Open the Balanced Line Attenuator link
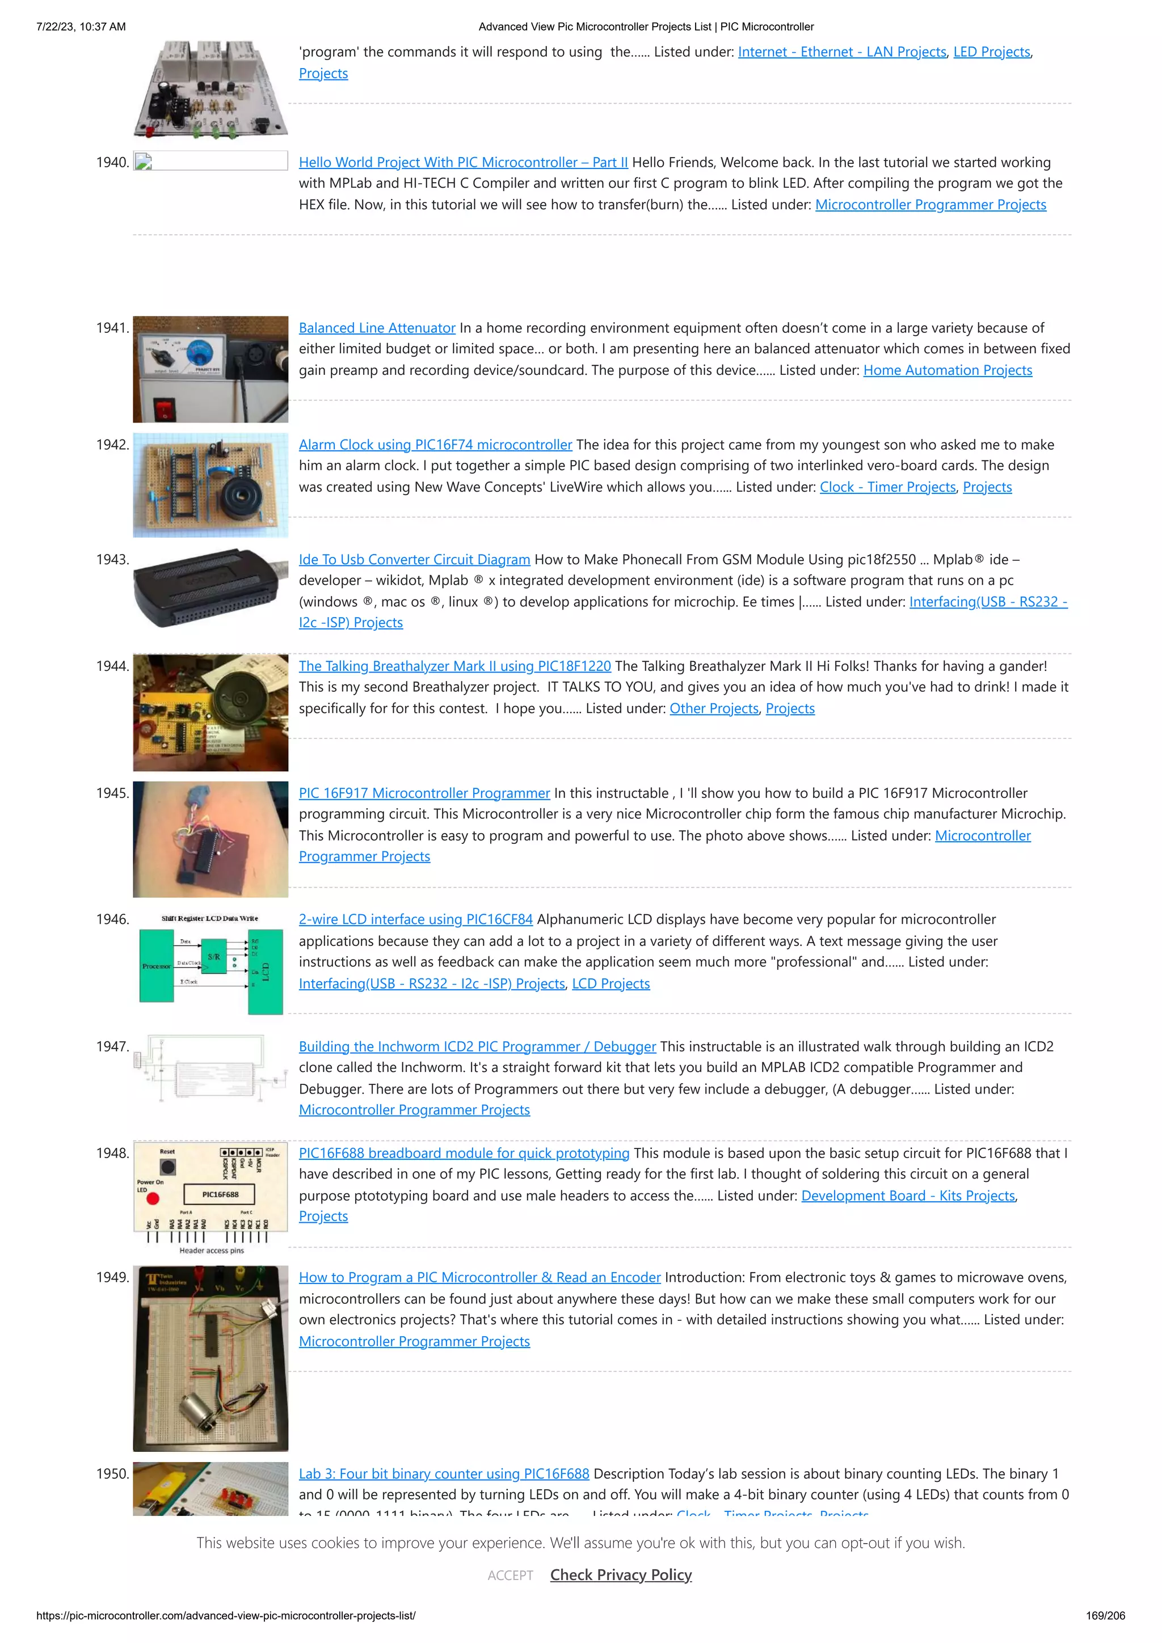[377, 328]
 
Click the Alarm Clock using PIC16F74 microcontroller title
[435, 445]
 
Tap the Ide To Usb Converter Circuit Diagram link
[414, 560]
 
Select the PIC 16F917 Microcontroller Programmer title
[424, 793]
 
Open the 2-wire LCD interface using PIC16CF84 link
[415, 919]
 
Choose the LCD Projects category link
[611, 983]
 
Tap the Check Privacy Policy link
[621, 1575]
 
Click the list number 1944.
[112, 666]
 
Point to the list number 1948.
[112, 1153]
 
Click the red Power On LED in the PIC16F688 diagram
[153, 1198]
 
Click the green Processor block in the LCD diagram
[156, 966]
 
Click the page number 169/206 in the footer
[1105, 1616]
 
